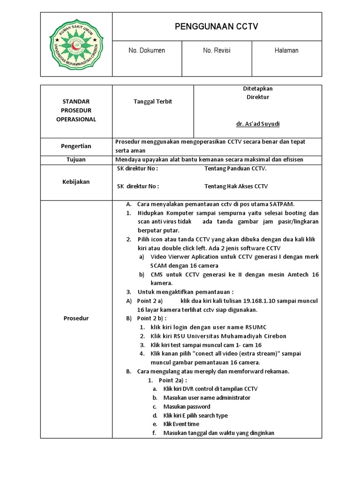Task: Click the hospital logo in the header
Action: coord(76,44)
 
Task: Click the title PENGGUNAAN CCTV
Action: coord(217,27)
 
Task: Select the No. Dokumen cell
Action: coord(147,51)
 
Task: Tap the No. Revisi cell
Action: coord(217,51)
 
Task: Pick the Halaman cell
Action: coord(286,51)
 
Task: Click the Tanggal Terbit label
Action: coord(147,102)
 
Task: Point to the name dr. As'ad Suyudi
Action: coord(257,124)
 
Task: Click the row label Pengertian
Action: coord(76,146)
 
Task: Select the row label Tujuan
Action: coord(76,159)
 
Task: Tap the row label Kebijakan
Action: coord(76,181)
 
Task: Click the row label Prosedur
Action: coord(76,318)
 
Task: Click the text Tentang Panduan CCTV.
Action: coord(235,168)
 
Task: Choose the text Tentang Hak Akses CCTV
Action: coord(236,186)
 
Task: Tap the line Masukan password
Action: coord(187,406)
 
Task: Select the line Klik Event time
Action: coord(181,424)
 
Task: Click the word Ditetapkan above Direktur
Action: coord(257,89)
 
